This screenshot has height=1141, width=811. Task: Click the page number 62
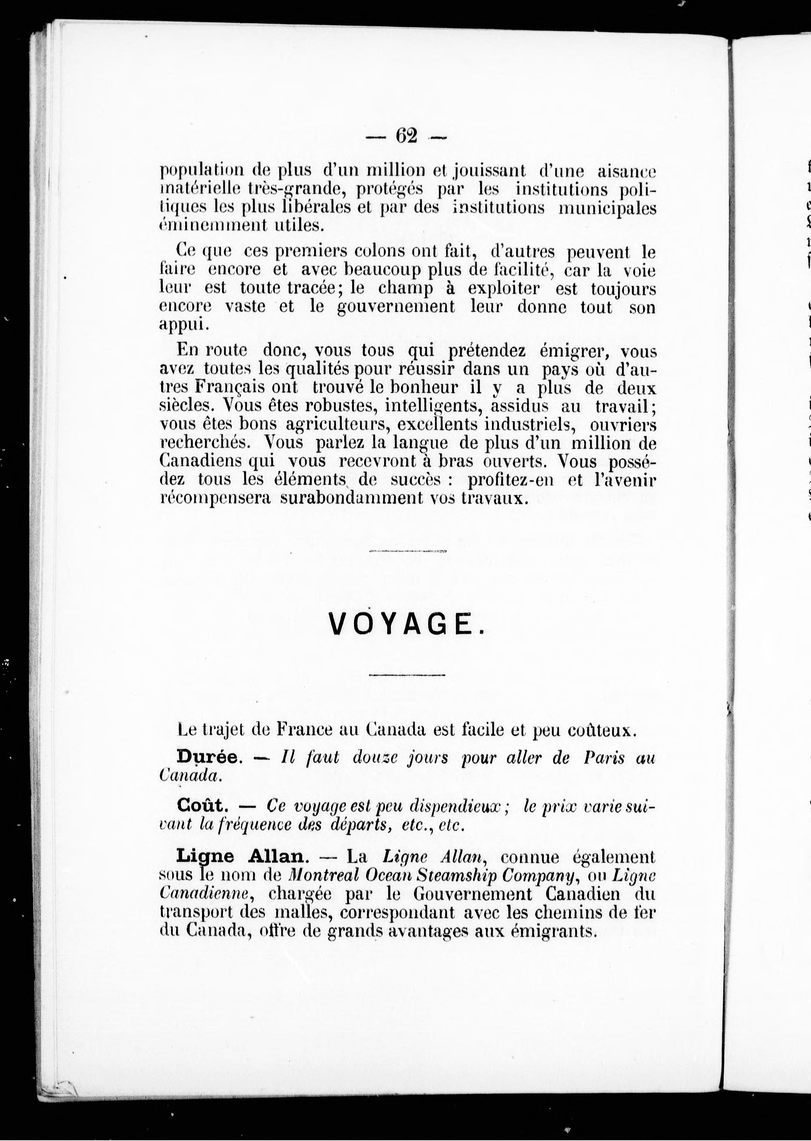[x=406, y=136]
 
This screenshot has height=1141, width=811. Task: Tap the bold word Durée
[x=209, y=757]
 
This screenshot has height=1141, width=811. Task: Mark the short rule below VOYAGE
[x=407, y=675]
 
